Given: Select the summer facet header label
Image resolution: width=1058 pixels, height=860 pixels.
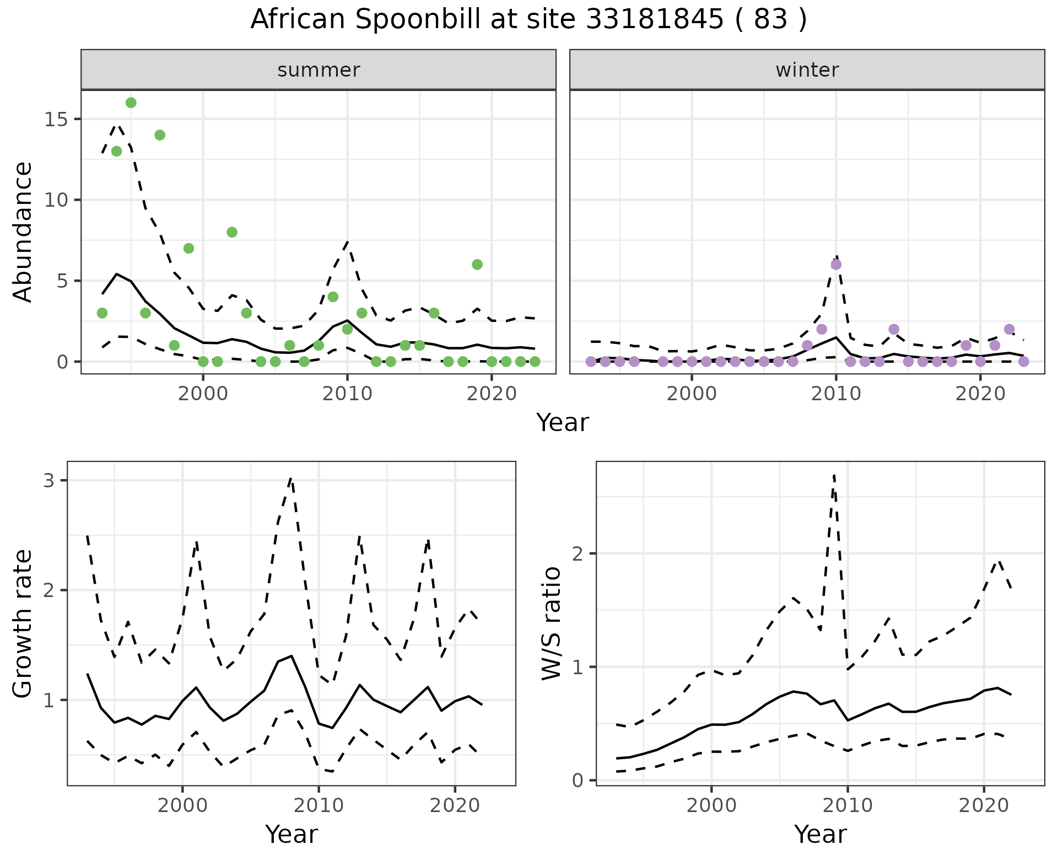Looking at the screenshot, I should click(319, 70).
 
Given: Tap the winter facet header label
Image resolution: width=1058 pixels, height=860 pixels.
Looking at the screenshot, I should click(807, 70).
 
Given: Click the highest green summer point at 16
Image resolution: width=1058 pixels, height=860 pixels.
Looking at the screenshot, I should click(131, 103).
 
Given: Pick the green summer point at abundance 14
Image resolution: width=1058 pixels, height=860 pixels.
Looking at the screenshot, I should click(160, 135).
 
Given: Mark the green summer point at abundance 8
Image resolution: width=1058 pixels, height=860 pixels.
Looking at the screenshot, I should click(232, 232).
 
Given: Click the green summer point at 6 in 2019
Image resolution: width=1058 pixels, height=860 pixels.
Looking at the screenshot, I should click(477, 265).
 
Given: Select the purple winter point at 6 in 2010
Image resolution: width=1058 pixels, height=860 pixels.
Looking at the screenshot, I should click(836, 265).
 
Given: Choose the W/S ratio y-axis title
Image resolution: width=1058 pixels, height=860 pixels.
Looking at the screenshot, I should click(552, 623).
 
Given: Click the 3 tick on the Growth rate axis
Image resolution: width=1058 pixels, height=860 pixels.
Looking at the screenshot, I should click(49, 481).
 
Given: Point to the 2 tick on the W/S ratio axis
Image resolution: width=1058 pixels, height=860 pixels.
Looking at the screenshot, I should click(578, 553).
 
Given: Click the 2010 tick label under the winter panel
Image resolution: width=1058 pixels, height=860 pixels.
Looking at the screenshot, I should click(836, 394).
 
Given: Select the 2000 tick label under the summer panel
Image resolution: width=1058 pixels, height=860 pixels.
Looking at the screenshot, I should click(203, 394).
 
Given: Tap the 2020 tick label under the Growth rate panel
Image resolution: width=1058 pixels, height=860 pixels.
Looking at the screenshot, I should click(455, 805).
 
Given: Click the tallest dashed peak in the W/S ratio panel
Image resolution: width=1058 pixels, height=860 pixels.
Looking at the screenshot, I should click(834, 475).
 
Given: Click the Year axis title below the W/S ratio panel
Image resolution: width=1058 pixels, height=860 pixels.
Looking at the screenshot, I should click(820, 835).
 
